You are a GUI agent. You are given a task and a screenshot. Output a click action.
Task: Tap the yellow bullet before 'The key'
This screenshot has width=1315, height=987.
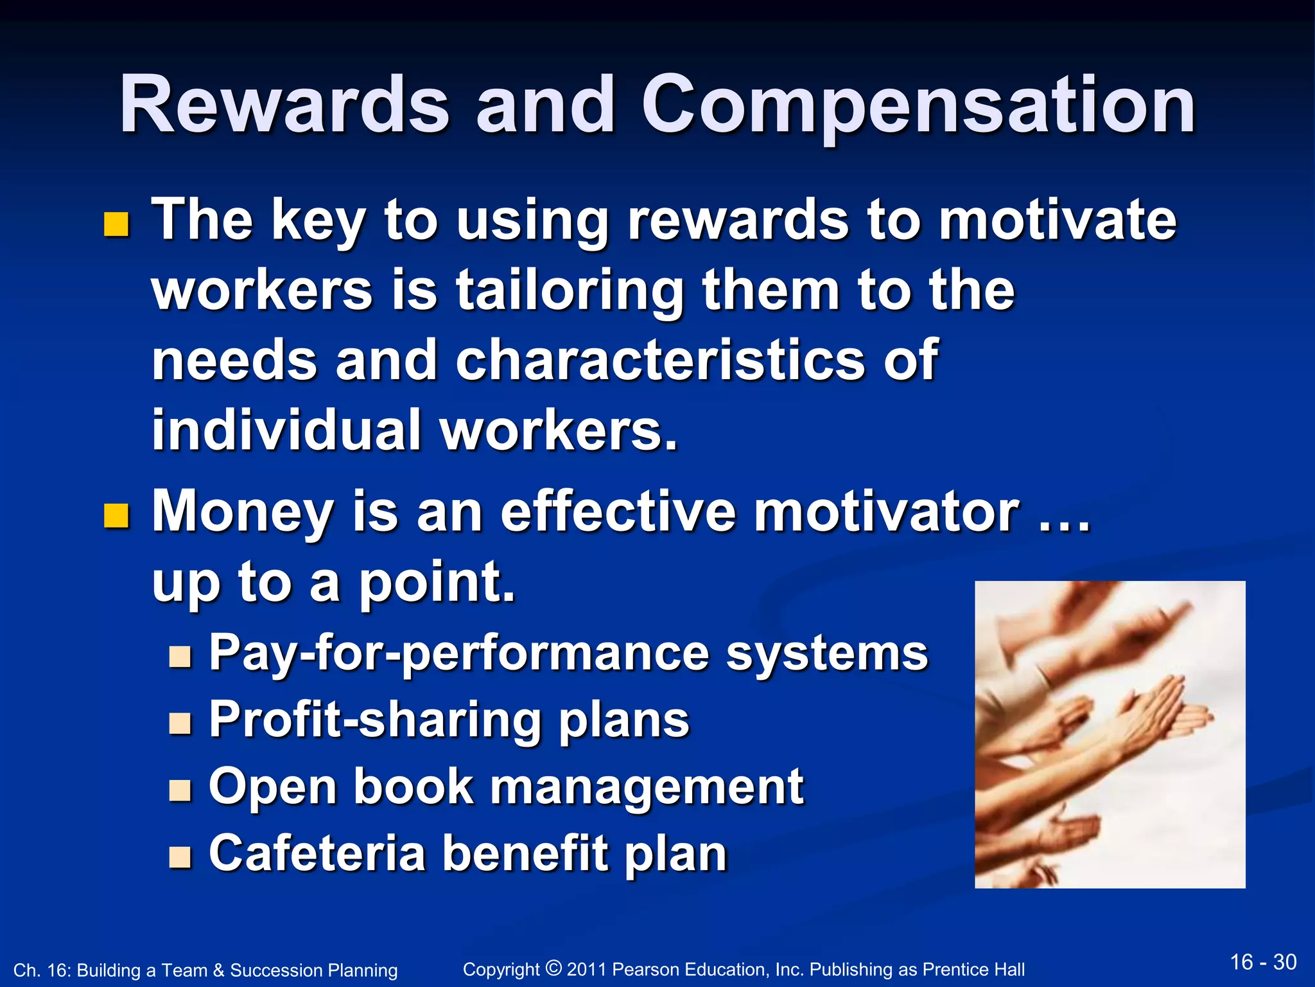pyautogui.click(x=116, y=225)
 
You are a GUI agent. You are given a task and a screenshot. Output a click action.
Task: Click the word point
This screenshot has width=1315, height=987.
pyautogui.click(x=436, y=582)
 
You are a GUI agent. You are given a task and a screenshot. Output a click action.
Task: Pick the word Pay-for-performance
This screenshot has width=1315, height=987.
pyautogui.click(x=458, y=654)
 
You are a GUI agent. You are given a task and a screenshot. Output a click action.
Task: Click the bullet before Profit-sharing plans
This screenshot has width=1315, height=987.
pyautogui.click(x=180, y=724)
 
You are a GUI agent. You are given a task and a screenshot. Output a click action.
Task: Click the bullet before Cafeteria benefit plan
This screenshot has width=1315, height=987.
pyautogui.click(x=180, y=857)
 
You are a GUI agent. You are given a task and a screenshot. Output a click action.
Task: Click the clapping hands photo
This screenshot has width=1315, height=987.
pyautogui.click(x=1110, y=734)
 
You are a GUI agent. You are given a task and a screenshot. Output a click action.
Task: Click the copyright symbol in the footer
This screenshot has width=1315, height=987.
pyautogui.click(x=553, y=967)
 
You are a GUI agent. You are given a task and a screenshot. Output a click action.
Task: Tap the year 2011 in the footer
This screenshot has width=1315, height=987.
pyautogui.click(x=587, y=970)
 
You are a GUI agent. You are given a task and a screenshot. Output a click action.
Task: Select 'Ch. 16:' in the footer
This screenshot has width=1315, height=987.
pyautogui.click(x=40, y=970)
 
